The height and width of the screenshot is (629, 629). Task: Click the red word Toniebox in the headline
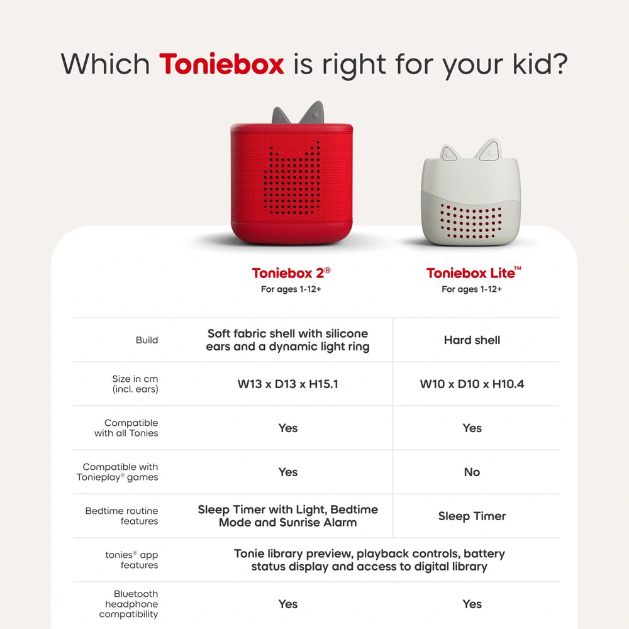(221, 64)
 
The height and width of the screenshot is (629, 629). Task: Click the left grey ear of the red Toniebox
(281, 116)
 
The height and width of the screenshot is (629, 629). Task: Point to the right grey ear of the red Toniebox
(313, 113)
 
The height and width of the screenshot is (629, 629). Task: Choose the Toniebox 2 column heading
(291, 273)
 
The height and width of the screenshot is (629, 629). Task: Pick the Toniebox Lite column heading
(474, 273)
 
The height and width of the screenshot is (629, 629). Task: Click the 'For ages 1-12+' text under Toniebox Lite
(472, 289)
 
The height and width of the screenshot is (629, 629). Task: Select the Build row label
(147, 340)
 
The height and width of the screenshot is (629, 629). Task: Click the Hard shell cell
(472, 340)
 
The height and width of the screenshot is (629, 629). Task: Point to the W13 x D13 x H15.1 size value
(288, 384)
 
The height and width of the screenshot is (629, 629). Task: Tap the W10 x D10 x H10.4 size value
(472, 384)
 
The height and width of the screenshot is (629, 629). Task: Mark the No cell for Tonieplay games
(472, 472)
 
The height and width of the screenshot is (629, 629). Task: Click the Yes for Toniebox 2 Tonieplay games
(288, 472)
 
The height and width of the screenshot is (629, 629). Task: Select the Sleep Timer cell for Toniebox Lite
(472, 516)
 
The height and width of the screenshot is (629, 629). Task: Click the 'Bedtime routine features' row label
(122, 516)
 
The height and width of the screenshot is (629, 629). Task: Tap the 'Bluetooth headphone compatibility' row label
(129, 604)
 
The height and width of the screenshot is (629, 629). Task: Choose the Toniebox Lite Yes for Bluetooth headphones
(472, 604)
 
